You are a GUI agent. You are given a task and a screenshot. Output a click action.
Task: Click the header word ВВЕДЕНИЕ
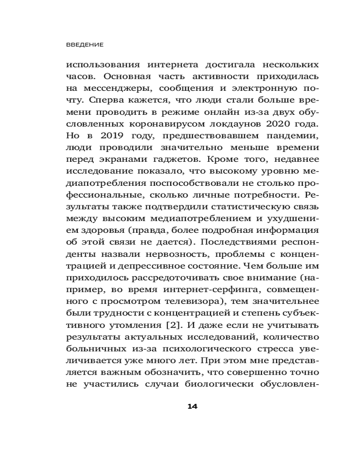click(85, 45)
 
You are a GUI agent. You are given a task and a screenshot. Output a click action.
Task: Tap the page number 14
click(192, 406)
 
